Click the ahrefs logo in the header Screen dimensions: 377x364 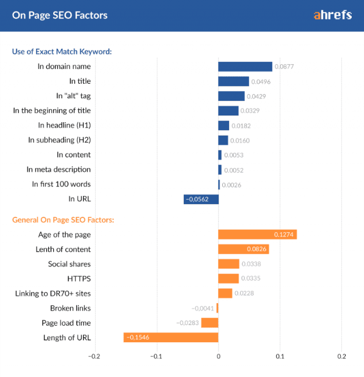(x=332, y=15)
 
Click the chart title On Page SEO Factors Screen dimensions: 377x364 (x=60, y=15)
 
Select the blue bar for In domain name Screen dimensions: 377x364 (x=245, y=67)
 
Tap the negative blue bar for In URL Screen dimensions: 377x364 (x=201, y=199)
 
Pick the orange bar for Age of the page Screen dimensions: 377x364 (x=257, y=235)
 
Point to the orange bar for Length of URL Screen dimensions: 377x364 (x=171, y=337)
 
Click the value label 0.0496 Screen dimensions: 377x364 (x=261, y=82)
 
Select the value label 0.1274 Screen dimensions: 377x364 (x=284, y=235)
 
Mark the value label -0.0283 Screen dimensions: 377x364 (x=187, y=323)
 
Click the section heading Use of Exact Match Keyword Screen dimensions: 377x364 (x=62, y=51)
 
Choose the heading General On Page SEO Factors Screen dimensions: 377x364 (x=64, y=219)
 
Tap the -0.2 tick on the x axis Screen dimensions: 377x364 (x=94, y=356)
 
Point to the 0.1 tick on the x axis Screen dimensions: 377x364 (x=280, y=356)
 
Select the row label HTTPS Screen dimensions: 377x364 (x=79, y=279)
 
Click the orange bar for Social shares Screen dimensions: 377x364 (x=228, y=264)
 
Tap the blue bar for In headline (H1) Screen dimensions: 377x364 (x=224, y=125)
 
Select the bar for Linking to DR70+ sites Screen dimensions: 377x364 (x=225, y=293)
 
